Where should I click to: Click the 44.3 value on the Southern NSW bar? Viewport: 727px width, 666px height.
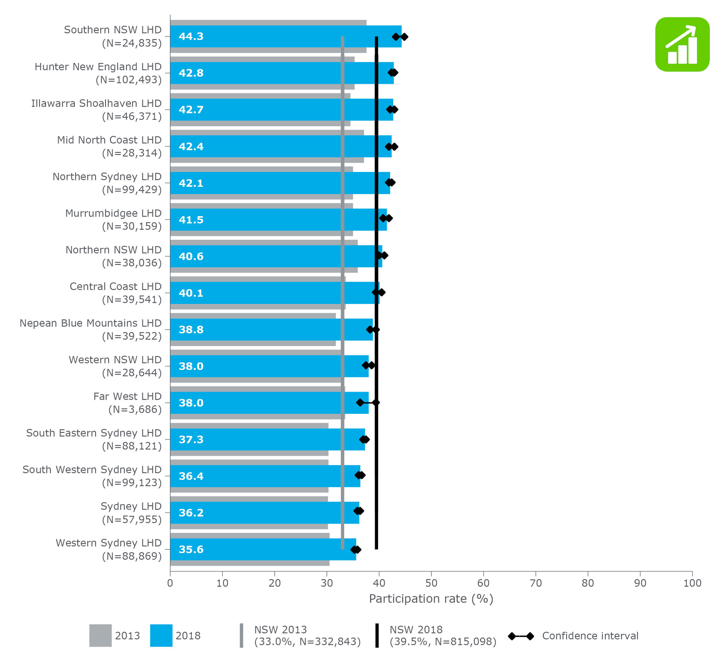[191, 36]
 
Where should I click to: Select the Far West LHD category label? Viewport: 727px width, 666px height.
[127, 397]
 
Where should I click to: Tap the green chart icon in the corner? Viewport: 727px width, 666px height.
[682, 44]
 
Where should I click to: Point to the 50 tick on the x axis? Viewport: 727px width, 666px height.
[431, 583]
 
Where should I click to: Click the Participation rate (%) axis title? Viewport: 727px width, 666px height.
[431, 599]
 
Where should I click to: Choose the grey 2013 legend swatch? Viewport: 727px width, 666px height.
[100, 635]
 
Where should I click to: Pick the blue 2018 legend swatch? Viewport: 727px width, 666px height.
[161, 635]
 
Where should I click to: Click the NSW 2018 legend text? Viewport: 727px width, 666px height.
[443, 635]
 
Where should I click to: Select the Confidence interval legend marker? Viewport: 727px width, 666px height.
[521, 636]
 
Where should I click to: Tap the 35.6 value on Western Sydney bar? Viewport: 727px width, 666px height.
[191, 549]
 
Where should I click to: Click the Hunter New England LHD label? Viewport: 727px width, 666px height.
[98, 67]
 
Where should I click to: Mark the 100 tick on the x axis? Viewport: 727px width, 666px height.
[692, 583]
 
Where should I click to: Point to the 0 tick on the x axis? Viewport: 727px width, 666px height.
[170, 583]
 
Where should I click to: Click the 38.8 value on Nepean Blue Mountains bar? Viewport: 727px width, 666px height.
[191, 329]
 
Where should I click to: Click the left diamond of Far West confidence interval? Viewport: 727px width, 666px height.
[360, 403]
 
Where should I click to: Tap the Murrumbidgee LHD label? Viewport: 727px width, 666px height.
[113, 213]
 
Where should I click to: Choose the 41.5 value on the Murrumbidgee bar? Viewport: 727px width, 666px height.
[191, 220]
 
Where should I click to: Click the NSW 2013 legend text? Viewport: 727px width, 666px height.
[307, 635]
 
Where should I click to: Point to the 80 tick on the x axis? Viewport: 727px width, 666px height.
[587, 583]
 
